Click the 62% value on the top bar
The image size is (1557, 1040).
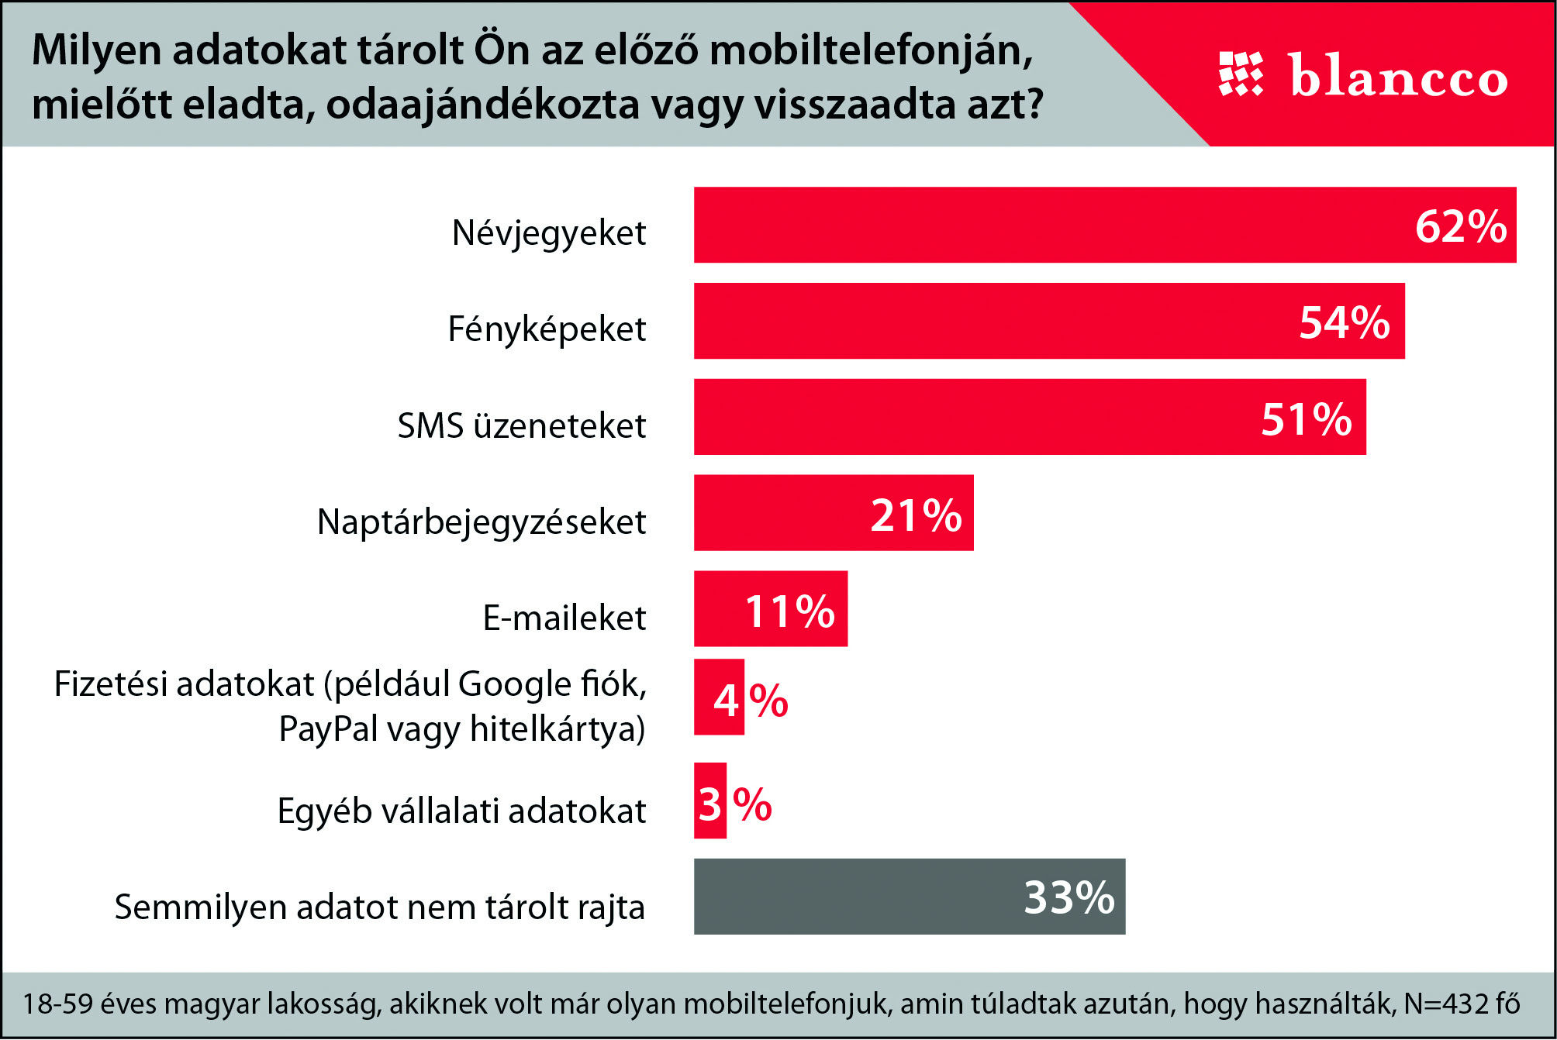click(x=1461, y=226)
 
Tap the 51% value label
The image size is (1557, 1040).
click(x=1307, y=419)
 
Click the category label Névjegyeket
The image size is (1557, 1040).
click(x=549, y=232)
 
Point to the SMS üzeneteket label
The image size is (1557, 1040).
click(x=521, y=425)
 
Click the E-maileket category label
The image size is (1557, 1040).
click(x=564, y=618)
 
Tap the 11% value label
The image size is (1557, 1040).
click(x=790, y=611)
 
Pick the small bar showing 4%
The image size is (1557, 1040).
click(x=719, y=697)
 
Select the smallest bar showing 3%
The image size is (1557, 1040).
click(x=709, y=801)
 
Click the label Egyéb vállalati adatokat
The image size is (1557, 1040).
click(x=461, y=811)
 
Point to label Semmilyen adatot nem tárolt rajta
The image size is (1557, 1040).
click(x=379, y=907)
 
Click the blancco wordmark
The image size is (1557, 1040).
click(x=1399, y=77)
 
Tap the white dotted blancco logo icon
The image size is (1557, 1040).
click(x=1241, y=74)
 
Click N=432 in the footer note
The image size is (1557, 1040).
click(x=1447, y=1004)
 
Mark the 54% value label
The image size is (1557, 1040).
click(x=1345, y=322)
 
